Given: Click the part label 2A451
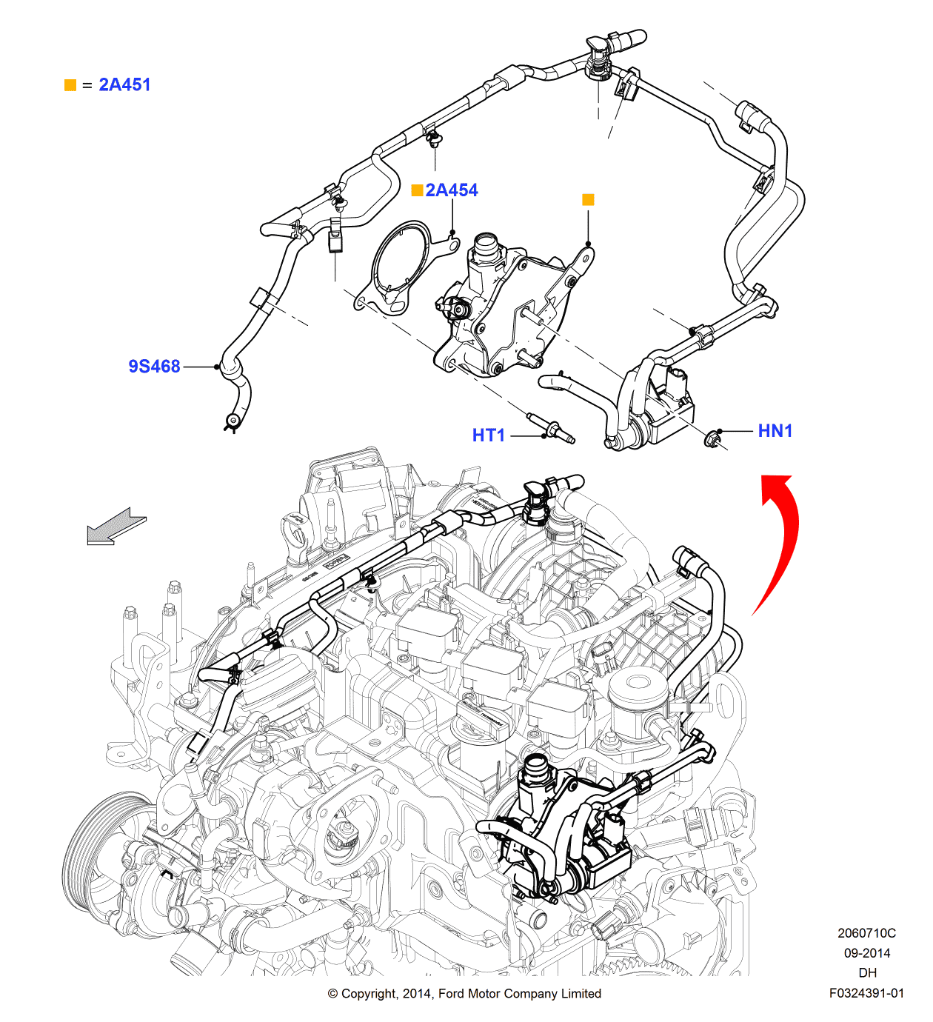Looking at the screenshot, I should tap(124, 85).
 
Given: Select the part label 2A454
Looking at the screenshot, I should tap(452, 190).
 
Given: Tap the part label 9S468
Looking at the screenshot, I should tap(154, 367).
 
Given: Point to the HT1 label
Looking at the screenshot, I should tap(488, 435).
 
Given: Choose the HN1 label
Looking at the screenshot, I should tap(775, 431).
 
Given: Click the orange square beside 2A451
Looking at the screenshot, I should tap(70, 85).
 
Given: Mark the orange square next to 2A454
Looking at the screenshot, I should tap(417, 190).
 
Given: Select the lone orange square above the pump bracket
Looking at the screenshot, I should tap(588, 199).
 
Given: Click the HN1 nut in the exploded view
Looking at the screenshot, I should tap(712, 439).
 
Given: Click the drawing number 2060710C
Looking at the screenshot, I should tap(866, 933).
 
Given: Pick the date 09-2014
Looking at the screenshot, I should tap(866, 953).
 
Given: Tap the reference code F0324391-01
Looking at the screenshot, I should tap(866, 993).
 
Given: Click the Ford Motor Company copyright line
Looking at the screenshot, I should tap(464, 993).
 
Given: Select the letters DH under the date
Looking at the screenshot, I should tap(867, 973).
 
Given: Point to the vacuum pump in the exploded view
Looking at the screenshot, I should tap(504, 311).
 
